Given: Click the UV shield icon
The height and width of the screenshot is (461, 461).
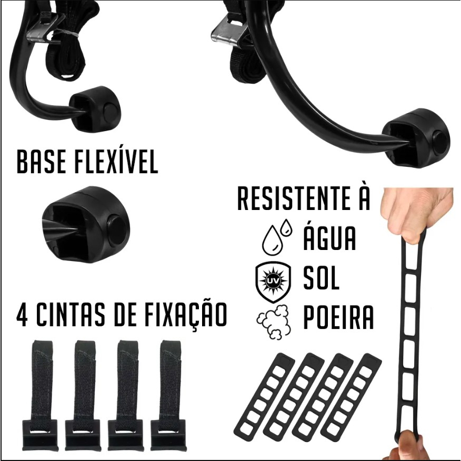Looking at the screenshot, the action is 274,283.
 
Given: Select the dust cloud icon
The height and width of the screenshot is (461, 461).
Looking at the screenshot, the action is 274,322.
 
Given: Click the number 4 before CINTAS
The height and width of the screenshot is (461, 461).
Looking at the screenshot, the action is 23,315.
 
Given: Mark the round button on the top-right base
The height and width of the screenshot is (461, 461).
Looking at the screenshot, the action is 441,142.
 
